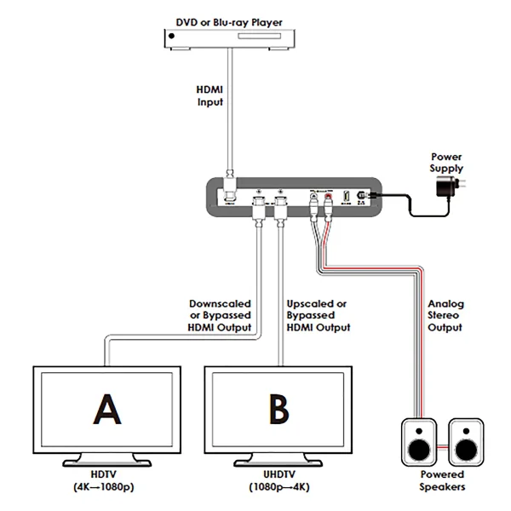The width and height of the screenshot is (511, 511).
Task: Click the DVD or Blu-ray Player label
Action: click(227, 20)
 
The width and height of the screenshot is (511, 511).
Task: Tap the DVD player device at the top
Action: click(227, 39)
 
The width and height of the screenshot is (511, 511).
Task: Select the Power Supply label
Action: click(445, 163)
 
